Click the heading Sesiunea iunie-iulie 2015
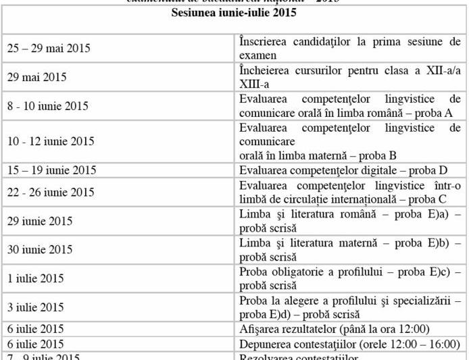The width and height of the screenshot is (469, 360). coord(234,13)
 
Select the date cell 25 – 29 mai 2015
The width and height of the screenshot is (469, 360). coord(49,49)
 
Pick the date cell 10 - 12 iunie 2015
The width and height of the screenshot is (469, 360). coord(51,141)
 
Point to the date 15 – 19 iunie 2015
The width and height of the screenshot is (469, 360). coord(52,170)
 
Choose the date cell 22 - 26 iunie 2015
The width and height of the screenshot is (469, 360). coord(51,192)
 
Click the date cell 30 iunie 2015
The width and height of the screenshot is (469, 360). coord(40,249)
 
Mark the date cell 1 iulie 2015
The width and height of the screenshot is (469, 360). coord(36,278)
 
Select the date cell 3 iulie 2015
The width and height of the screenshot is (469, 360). coord(36,307)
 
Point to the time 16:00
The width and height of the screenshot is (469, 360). coord(443,343)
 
